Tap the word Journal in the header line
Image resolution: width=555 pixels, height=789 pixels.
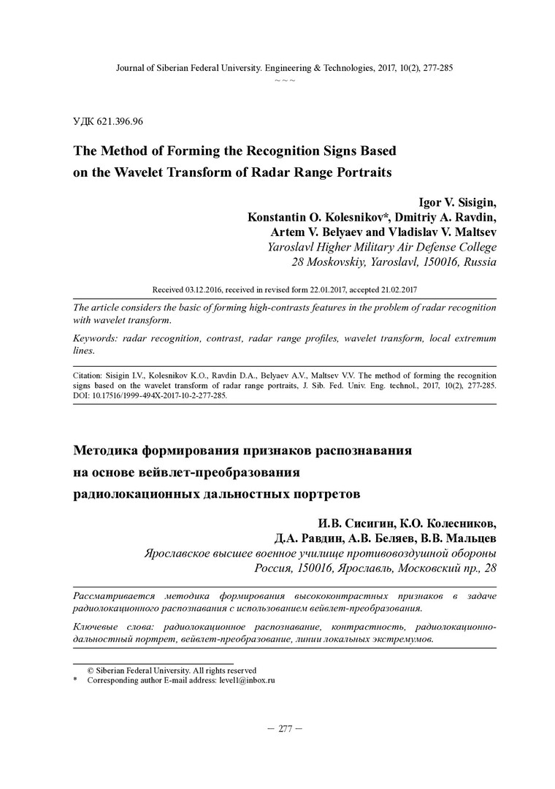tap(131, 68)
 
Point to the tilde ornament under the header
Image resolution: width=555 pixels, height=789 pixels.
tap(285, 79)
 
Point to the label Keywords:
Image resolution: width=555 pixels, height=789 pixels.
tap(97, 339)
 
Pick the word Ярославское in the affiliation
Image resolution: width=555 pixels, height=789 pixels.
tap(183, 554)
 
